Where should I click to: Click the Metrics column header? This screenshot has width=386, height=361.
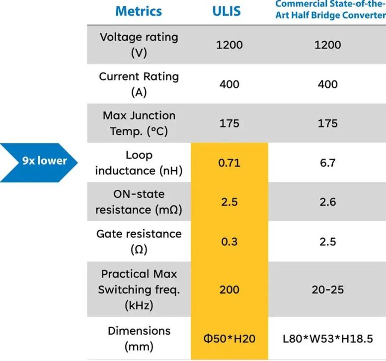(139, 10)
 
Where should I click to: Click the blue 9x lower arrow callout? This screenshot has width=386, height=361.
(40, 161)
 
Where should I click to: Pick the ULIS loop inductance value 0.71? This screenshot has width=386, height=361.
(229, 163)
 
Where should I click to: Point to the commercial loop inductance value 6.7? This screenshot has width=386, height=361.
(327, 163)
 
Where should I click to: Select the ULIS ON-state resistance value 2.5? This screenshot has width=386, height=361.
(229, 202)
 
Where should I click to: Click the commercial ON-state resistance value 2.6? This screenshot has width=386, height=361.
(327, 202)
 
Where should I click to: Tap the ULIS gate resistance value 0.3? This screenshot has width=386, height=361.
(229, 242)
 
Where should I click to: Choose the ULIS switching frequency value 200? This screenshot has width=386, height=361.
(229, 289)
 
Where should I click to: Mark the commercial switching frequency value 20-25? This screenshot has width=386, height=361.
(327, 289)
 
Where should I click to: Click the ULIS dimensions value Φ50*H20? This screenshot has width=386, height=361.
(229, 339)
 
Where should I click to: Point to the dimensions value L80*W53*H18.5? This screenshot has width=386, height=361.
(327, 339)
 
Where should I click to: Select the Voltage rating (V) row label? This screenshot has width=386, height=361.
(139, 45)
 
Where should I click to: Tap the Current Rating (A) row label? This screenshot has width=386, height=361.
(139, 84)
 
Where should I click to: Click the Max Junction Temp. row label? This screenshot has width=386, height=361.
(139, 123)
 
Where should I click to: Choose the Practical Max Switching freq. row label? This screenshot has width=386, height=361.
(139, 289)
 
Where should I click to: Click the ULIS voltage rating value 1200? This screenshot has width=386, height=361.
(229, 45)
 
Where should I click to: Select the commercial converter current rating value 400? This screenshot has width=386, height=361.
(327, 84)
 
